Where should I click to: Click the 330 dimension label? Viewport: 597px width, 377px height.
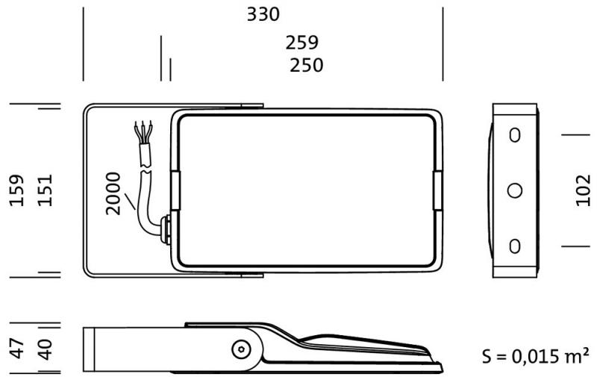[x=263, y=14]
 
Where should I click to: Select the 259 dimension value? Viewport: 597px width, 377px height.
[x=302, y=43]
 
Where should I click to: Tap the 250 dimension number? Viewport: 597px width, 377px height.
[x=307, y=65]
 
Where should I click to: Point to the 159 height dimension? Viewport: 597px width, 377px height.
[x=16, y=190]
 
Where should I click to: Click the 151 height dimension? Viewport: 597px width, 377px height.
[x=45, y=190]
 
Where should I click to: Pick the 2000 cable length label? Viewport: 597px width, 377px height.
[x=113, y=194]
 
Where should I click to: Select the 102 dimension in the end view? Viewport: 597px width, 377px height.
[x=583, y=190]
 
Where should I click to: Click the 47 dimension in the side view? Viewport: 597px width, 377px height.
[x=16, y=349]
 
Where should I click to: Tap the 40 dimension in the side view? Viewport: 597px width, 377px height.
[x=45, y=349]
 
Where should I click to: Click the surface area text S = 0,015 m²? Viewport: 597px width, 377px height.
[x=536, y=356]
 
